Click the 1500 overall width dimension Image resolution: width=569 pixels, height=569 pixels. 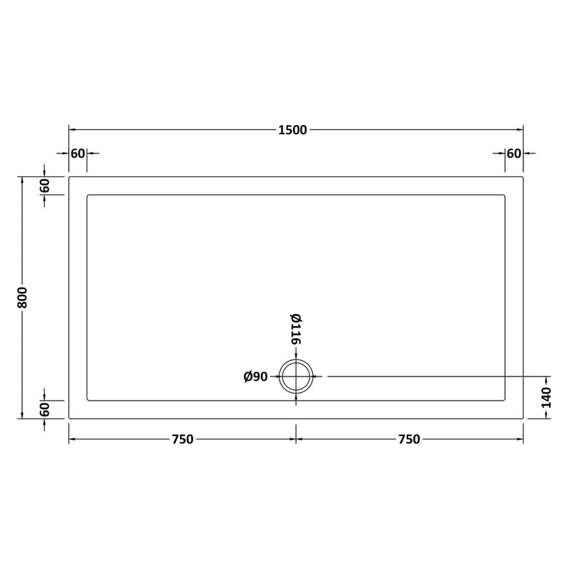(292, 130)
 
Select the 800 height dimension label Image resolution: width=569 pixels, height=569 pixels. (22, 298)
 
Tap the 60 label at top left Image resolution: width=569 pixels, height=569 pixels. (78, 153)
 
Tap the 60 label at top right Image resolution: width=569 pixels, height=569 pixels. (514, 153)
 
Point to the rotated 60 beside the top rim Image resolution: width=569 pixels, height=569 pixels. (44, 186)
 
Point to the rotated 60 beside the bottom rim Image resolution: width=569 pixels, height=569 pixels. (44, 410)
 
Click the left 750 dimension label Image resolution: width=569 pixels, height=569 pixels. (182, 440)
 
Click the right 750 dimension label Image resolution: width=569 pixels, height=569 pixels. (409, 440)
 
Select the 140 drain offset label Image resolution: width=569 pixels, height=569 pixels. (546, 398)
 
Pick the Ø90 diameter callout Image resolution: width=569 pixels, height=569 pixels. (255, 377)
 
